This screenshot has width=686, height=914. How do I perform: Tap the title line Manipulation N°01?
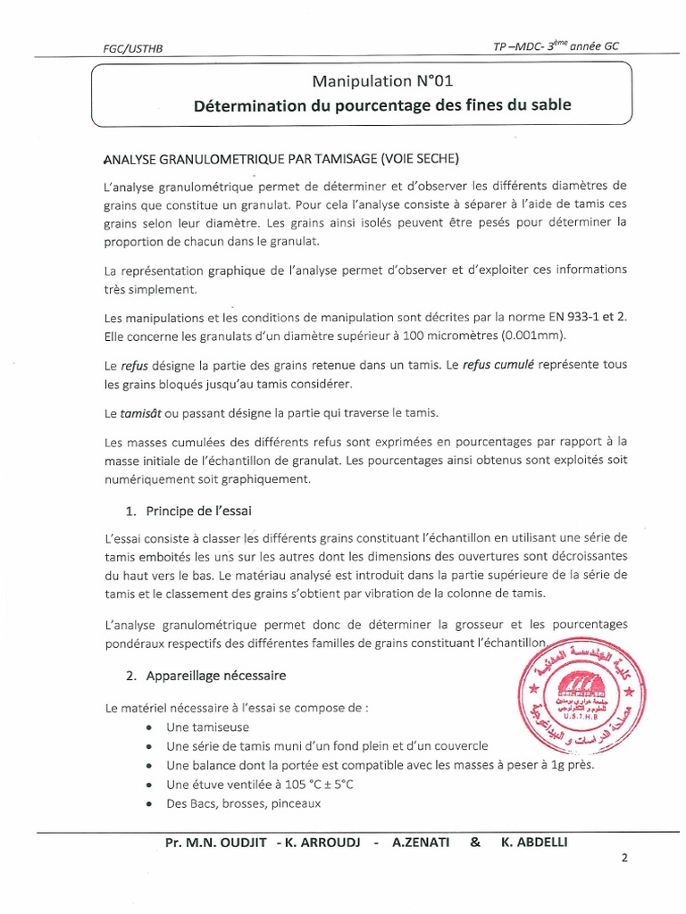click(x=376, y=81)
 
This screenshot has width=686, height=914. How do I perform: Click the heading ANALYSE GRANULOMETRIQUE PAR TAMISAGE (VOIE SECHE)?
click(x=281, y=160)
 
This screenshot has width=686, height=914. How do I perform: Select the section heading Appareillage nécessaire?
click(x=213, y=673)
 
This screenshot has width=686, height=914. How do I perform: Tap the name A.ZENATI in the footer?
click(x=422, y=844)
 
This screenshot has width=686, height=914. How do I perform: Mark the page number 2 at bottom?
click(x=624, y=859)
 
